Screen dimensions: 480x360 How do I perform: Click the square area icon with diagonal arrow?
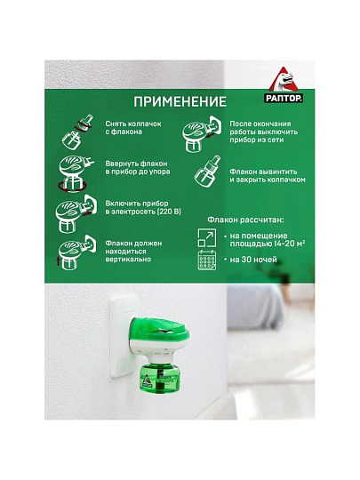[x=206, y=236]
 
